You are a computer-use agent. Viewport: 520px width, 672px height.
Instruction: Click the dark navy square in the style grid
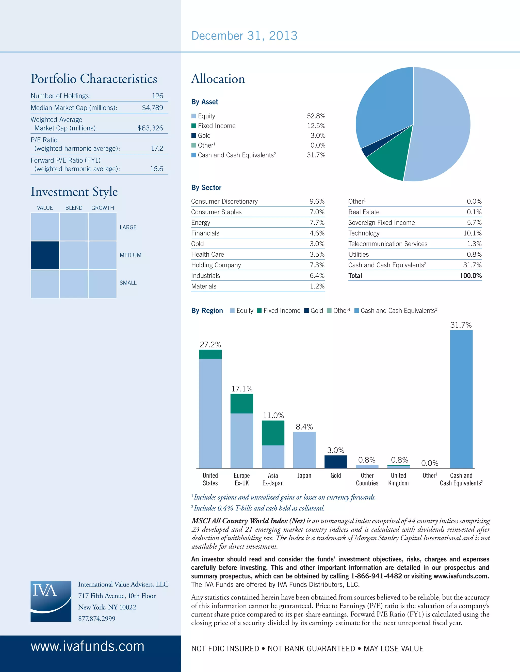tap(45, 255)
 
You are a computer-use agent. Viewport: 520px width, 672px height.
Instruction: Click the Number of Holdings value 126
tap(157, 96)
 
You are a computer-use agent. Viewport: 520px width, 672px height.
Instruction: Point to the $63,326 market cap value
tap(150, 128)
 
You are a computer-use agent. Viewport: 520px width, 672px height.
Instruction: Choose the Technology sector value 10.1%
tap(473, 233)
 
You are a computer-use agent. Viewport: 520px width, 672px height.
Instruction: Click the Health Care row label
tap(208, 254)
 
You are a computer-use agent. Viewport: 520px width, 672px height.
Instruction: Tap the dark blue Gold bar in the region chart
tap(336, 462)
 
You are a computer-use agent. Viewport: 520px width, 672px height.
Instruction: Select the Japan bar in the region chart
tap(304, 450)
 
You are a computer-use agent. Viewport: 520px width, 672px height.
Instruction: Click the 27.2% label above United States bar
tap(210, 345)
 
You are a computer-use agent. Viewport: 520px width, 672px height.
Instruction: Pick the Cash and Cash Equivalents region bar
tap(461, 399)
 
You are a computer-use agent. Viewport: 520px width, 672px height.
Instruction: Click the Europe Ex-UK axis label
tap(242, 479)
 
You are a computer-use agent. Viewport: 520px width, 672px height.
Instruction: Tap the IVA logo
tap(51, 602)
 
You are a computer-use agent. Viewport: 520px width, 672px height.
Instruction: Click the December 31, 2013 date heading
tap(244, 36)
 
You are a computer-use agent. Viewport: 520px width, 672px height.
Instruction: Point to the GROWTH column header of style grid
tap(103, 208)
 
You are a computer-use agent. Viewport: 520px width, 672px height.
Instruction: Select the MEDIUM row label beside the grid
tap(131, 255)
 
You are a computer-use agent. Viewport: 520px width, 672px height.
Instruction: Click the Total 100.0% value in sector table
tap(471, 276)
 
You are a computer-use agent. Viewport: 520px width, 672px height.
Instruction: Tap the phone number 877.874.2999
tap(97, 618)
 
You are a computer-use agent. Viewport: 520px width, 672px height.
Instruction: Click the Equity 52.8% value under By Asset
tap(316, 116)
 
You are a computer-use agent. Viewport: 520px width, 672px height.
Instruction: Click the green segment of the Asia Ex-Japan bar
tap(273, 433)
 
